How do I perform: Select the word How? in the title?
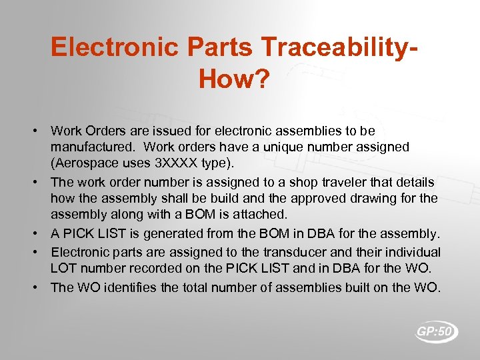(x=234, y=80)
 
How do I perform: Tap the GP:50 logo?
(x=437, y=331)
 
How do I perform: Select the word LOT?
(x=65, y=268)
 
